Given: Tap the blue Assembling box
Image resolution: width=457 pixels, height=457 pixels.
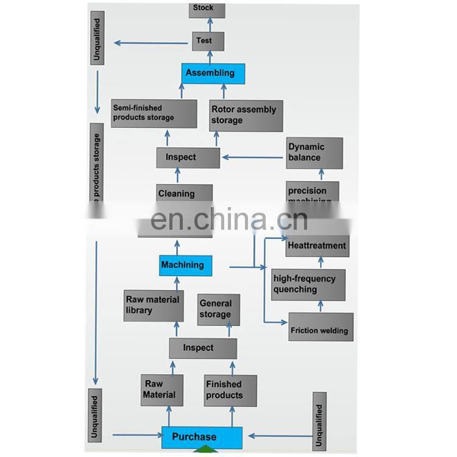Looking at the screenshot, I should pyautogui.click(x=213, y=74).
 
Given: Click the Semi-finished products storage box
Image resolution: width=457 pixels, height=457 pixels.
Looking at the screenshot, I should pyautogui.click(x=154, y=113).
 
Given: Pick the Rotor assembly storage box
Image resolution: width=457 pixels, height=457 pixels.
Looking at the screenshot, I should pyautogui.click(x=246, y=115).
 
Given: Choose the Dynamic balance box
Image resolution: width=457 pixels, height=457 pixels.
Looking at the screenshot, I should pyautogui.click(x=314, y=152).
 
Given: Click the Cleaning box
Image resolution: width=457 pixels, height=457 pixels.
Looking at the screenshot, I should pyautogui.click(x=184, y=194).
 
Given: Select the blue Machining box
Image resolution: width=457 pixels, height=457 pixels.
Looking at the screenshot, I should pyautogui.click(x=186, y=265).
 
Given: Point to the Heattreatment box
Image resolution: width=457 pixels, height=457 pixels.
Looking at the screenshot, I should pyautogui.click(x=317, y=246).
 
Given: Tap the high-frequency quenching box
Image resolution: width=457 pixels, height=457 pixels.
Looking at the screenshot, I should pyautogui.click(x=308, y=285).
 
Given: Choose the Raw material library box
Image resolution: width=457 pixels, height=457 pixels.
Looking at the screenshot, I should pyautogui.click(x=153, y=305).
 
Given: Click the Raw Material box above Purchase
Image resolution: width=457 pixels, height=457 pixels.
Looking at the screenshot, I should pyautogui.click(x=161, y=390).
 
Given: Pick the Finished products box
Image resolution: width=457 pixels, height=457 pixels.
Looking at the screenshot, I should pyautogui.click(x=230, y=390).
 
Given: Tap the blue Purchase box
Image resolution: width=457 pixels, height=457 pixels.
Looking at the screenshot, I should pyautogui.click(x=201, y=437).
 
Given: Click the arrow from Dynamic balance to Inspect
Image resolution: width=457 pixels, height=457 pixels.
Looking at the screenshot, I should pyautogui.click(x=253, y=157).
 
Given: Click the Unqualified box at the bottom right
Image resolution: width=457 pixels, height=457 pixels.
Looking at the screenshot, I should pyautogui.click(x=319, y=421).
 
